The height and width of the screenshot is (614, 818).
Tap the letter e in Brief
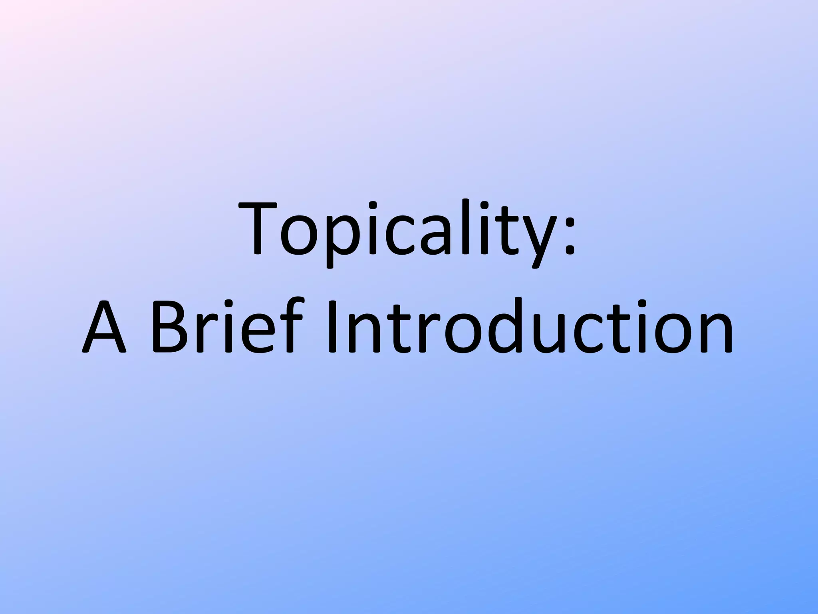click(258, 334)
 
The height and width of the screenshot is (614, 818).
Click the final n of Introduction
click(715, 334)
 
